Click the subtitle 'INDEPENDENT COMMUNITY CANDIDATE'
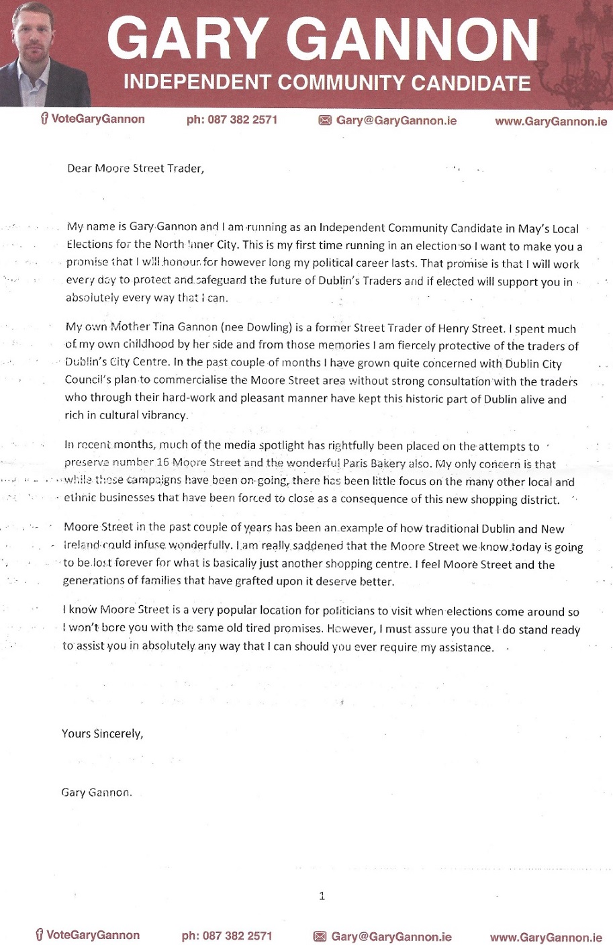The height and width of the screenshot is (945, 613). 327,83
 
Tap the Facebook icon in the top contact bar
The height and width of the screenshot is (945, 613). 44,119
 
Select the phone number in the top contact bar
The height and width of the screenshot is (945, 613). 232,120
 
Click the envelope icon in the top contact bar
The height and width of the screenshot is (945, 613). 325,120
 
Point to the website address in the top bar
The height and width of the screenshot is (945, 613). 551,122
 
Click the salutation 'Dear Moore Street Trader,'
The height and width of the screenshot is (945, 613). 135,169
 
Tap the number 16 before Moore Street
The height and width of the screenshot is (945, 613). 162,463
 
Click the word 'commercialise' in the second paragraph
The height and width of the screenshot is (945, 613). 192,381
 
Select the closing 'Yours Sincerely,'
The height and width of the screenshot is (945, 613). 102,733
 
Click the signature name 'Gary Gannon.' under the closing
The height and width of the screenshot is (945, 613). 97,793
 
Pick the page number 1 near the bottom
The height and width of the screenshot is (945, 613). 322,896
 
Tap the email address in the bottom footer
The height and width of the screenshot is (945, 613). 391,936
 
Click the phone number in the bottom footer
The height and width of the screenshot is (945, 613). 227,936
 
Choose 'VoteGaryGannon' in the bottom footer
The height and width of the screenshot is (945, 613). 93,935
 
